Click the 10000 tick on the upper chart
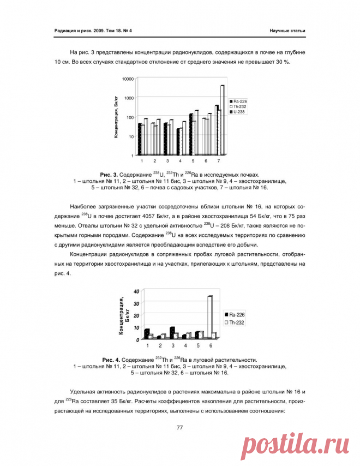[x=127, y=79]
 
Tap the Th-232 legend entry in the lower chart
[x=236, y=323]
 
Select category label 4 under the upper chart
[x=180, y=162]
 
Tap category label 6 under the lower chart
[x=211, y=345]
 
